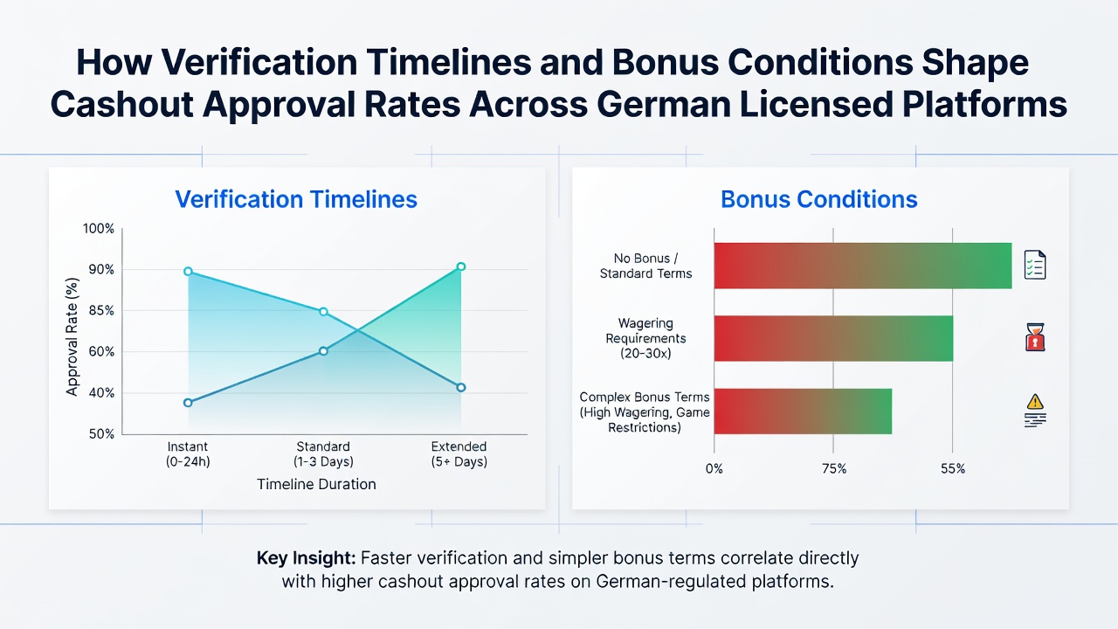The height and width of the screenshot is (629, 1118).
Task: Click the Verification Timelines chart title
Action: point(296,199)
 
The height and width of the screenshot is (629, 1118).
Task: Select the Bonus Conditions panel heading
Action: point(819,199)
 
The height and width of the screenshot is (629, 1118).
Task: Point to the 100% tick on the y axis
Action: point(99,229)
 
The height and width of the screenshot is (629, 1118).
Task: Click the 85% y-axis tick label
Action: point(101,310)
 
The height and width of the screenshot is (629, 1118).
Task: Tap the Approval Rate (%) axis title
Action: point(72,337)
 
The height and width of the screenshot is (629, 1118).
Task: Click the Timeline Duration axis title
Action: point(316,484)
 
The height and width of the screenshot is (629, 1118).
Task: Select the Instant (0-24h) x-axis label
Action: point(188,453)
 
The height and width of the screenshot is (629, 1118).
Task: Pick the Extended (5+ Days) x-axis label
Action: point(459,453)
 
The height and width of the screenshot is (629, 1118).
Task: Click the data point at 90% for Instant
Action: point(188,272)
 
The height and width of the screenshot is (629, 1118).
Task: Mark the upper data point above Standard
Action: point(323,312)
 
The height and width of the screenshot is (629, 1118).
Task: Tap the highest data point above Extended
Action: point(461,266)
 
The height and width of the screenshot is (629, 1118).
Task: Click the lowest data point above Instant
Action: point(188,403)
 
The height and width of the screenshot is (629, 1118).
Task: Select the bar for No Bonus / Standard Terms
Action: point(863,266)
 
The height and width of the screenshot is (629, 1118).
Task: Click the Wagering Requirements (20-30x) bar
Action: point(833,338)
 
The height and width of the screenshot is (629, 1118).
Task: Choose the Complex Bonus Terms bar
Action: point(803,411)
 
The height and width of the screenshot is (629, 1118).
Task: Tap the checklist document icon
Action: point(1035,265)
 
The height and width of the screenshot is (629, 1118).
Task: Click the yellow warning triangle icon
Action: point(1035,401)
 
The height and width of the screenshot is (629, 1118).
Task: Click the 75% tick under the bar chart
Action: point(834,469)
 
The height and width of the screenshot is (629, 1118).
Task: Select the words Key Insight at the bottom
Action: point(306,558)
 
